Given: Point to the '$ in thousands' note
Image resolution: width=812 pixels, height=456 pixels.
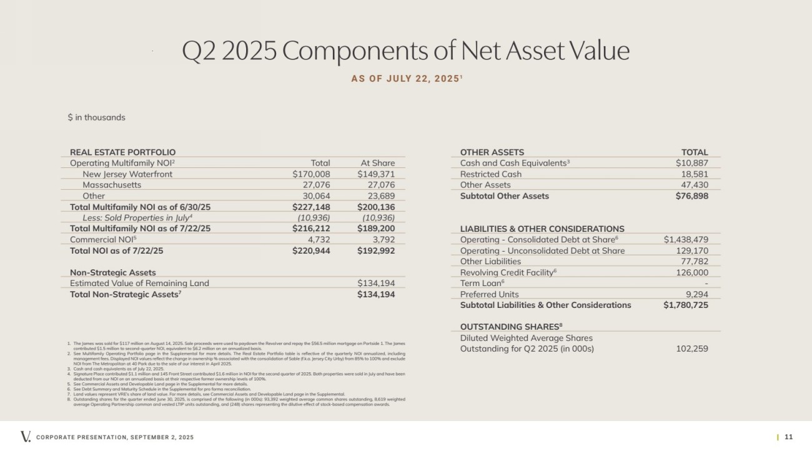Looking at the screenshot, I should click(x=96, y=117).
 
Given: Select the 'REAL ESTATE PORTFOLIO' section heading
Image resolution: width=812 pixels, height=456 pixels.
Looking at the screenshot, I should click(x=122, y=152).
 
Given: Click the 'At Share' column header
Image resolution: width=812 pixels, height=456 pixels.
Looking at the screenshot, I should click(x=377, y=163).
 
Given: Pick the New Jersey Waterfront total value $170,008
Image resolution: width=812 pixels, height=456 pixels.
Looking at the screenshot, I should click(x=311, y=174).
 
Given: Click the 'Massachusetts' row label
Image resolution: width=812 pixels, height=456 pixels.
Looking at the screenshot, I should click(x=112, y=185).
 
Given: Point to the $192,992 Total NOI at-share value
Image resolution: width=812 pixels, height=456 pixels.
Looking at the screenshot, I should click(x=375, y=250).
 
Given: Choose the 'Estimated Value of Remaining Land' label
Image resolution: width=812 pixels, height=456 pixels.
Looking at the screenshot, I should click(x=139, y=283).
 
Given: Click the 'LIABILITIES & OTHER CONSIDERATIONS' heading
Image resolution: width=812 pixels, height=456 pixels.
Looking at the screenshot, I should click(x=542, y=229).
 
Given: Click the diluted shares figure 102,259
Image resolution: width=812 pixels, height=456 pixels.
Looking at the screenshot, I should click(x=692, y=349).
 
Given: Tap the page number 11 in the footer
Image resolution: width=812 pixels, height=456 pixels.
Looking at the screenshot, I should click(x=788, y=437).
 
